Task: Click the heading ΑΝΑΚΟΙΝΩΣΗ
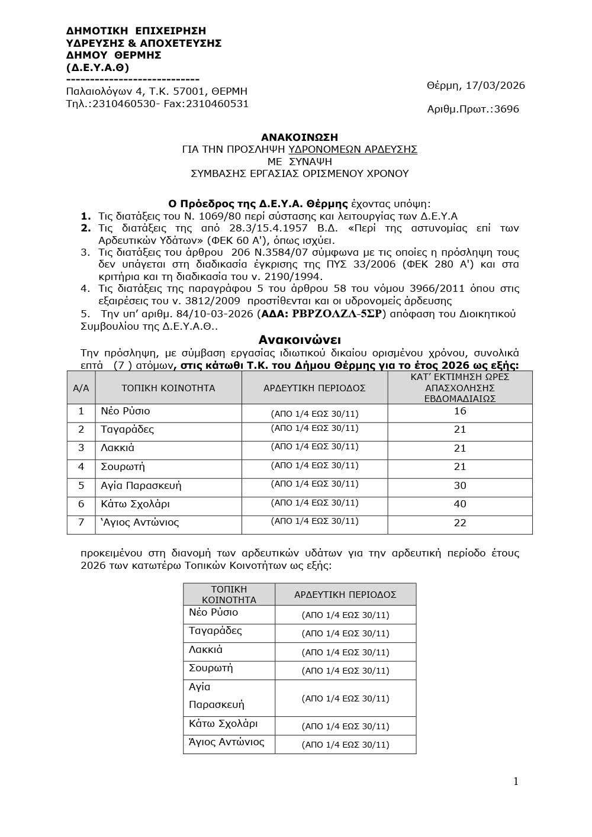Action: point(300,137)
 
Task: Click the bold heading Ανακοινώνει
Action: point(300,340)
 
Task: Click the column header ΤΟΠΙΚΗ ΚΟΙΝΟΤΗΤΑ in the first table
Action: point(168,388)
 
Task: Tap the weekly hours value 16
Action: point(460,411)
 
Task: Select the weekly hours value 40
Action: point(460,504)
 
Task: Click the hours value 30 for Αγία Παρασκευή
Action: point(460,485)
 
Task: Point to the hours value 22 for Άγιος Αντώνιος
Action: point(460,523)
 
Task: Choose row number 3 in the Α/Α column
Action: point(81,448)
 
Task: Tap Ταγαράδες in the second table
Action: point(215,631)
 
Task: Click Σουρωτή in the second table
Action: point(211,668)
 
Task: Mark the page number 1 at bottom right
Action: point(516,781)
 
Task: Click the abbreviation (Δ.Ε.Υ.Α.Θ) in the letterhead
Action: point(98,67)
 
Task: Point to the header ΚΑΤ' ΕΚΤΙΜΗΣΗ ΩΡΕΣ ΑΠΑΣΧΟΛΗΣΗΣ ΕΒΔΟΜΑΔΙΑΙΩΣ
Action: point(460,388)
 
